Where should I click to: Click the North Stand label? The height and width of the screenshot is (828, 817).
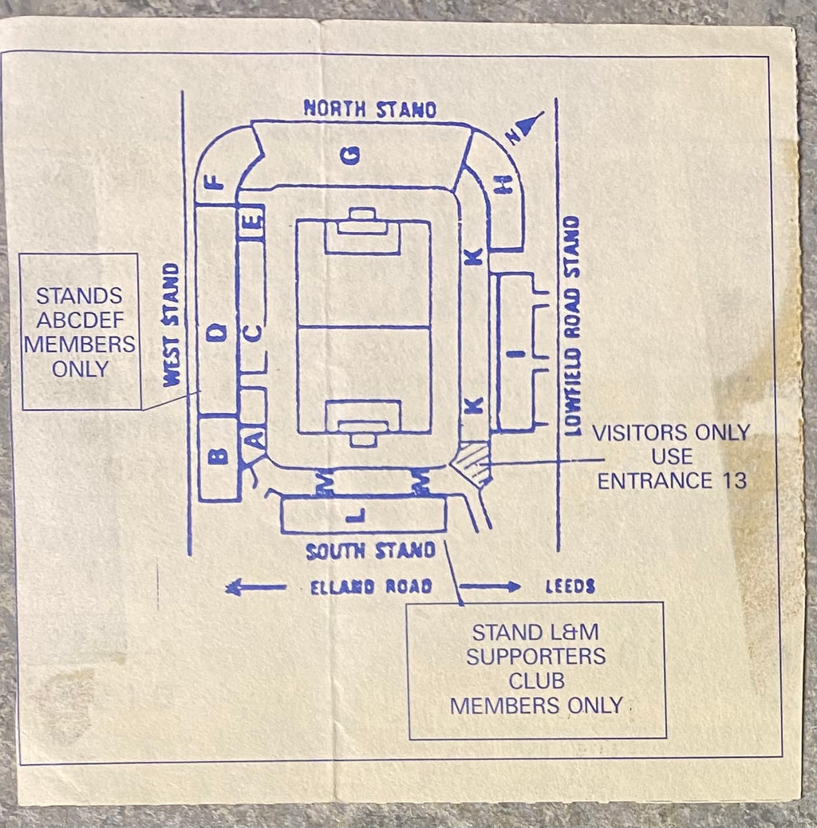(x=369, y=109)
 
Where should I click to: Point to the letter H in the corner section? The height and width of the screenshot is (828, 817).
(x=504, y=183)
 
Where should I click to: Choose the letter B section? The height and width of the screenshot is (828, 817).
(x=218, y=457)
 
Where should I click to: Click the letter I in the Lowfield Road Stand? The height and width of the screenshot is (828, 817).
(x=520, y=354)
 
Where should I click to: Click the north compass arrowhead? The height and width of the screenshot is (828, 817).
(x=530, y=124)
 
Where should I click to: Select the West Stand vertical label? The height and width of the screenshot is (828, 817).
(x=171, y=325)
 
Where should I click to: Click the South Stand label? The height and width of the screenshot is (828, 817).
(x=370, y=551)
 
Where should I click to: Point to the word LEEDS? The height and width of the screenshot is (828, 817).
(x=570, y=586)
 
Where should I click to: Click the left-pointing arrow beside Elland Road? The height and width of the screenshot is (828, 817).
(x=256, y=587)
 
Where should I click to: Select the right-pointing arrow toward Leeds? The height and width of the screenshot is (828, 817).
(x=490, y=586)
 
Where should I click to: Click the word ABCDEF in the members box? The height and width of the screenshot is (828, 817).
(x=81, y=320)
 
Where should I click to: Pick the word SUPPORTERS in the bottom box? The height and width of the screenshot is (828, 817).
(x=536, y=657)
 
